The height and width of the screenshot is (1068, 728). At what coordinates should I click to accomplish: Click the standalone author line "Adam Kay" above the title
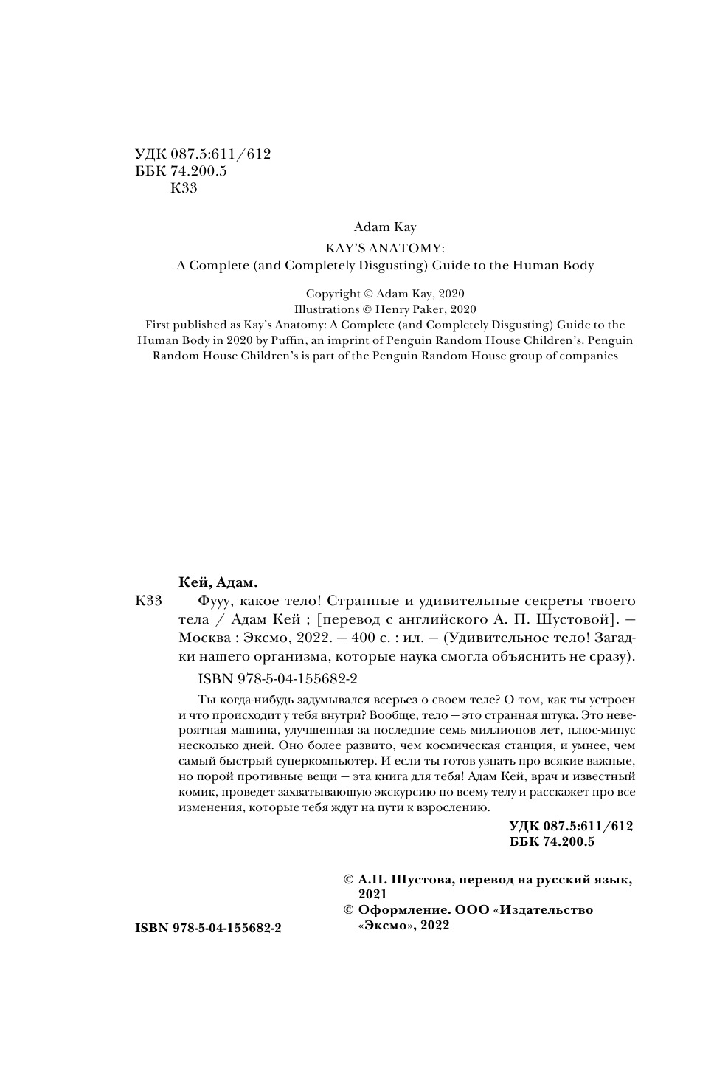pos(384,227)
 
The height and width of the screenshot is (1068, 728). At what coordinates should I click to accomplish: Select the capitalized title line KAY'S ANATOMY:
pos(384,249)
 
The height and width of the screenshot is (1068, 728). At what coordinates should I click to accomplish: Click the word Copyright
pos(333,293)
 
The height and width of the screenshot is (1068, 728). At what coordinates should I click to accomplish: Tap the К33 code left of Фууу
pos(150,599)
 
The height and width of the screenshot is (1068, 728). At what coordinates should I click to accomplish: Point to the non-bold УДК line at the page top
pos(203,154)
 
